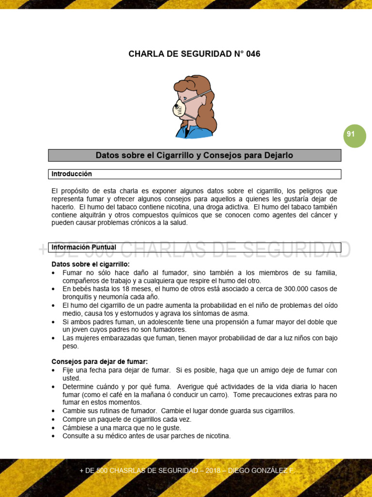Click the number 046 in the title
[252, 54]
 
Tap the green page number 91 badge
[355, 134]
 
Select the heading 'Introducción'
[72, 174]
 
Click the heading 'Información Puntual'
[84, 247]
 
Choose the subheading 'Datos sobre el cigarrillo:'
[91, 265]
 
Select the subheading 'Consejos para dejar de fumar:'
[100, 362]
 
